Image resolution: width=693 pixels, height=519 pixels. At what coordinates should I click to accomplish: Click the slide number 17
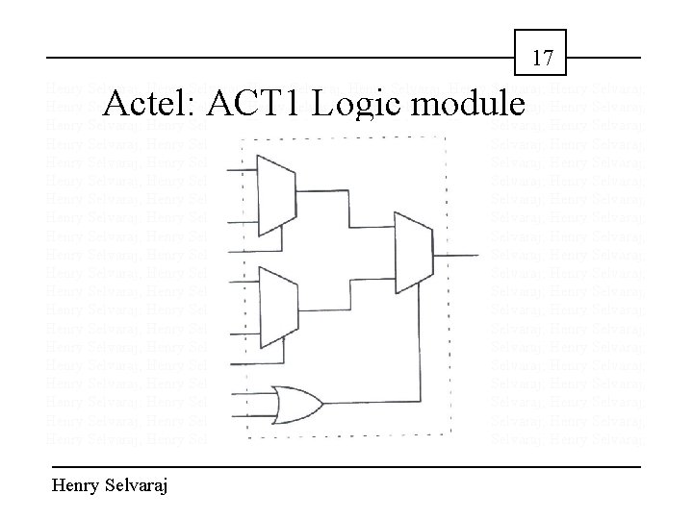pyautogui.click(x=543, y=59)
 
